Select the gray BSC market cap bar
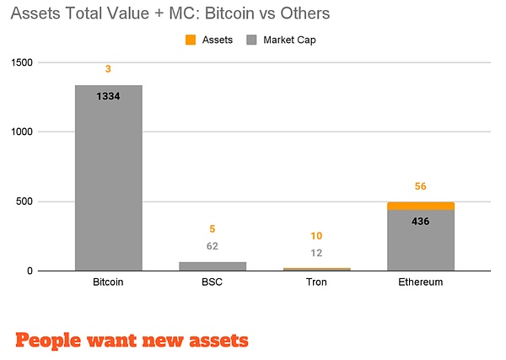(213, 266)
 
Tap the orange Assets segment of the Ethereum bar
(421, 206)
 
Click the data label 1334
(108, 97)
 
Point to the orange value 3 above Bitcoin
(108, 68)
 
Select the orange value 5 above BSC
(213, 228)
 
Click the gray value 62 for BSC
(213, 246)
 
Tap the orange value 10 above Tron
(316, 236)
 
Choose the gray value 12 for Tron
(316, 253)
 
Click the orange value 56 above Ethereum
(421, 186)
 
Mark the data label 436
(421, 221)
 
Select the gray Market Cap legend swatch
(251, 40)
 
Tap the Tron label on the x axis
(316, 282)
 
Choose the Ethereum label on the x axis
(421, 282)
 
